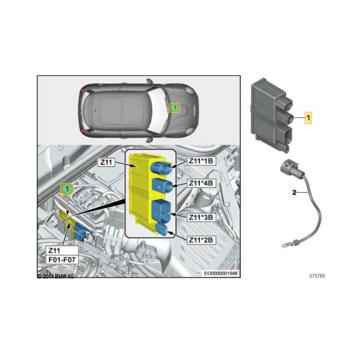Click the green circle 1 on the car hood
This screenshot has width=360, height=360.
[174, 108]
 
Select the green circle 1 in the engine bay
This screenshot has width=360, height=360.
[67, 189]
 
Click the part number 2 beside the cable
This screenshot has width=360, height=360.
[294, 193]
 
